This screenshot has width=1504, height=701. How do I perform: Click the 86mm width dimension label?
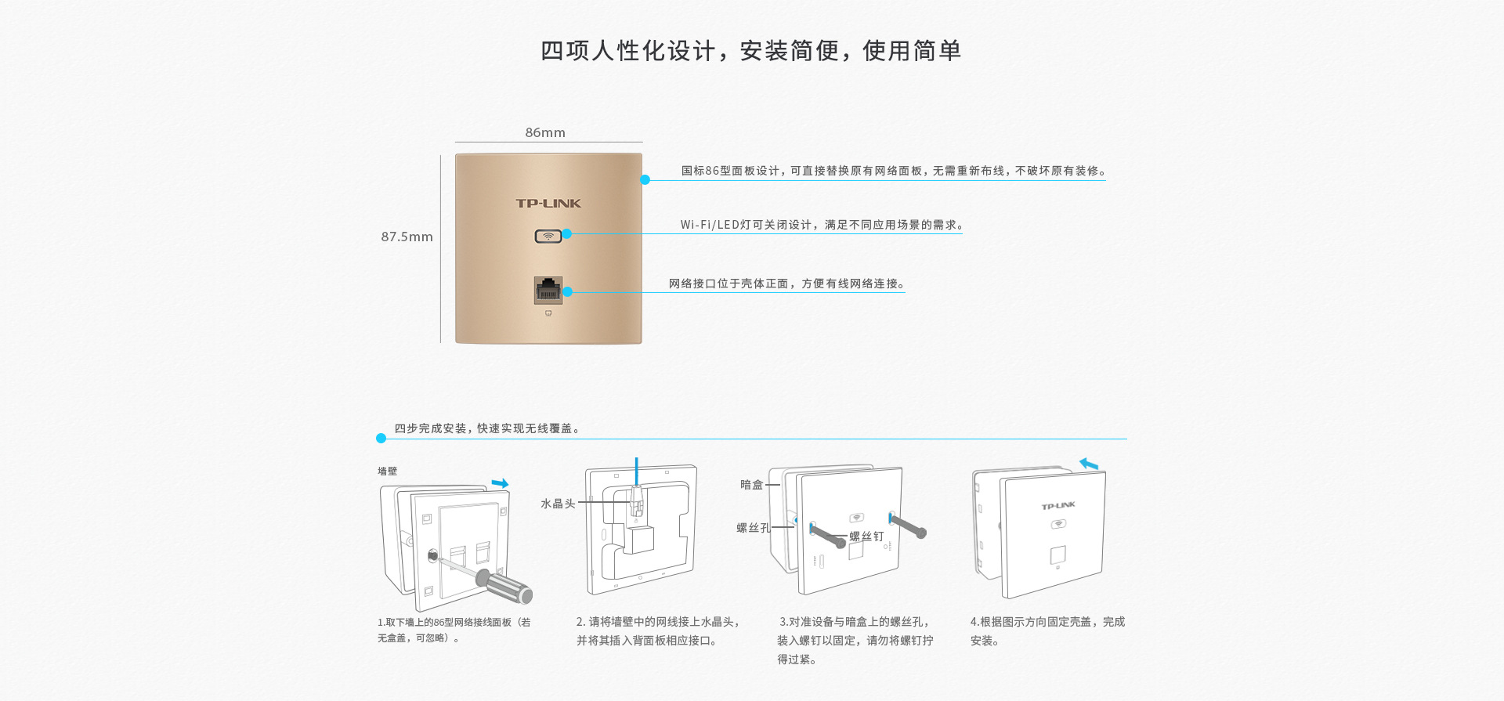coord(545,132)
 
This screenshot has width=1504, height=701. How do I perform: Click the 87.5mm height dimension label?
coord(407,237)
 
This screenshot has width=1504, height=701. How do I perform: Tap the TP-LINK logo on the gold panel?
coord(548,203)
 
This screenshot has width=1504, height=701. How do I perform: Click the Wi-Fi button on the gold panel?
coord(548,236)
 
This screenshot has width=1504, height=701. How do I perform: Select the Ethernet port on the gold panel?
coord(548,290)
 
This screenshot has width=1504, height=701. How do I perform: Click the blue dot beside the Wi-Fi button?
coord(567,233)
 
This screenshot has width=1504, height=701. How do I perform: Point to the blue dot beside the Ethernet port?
coord(568,291)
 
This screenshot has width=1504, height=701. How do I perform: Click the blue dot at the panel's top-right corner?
coord(645,179)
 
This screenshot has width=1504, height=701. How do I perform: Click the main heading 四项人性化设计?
coord(750,51)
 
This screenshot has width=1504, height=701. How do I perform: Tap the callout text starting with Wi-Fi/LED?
coord(822,225)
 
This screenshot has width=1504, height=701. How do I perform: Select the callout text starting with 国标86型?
coord(893,171)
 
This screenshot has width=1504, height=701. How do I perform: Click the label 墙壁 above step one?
coord(387,471)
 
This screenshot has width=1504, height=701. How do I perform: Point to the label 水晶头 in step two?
coord(558,504)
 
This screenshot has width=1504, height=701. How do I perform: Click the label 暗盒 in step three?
coord(751,485)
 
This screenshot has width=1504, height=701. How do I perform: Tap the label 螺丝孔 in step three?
coord(753,528)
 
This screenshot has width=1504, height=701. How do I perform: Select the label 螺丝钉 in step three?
coord(866,537)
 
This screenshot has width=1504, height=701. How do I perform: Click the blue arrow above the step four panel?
coord(1089,464)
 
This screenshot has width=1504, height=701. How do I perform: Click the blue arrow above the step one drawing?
coord(500,483)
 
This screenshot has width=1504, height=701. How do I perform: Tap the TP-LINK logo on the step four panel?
coord(1058,506)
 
